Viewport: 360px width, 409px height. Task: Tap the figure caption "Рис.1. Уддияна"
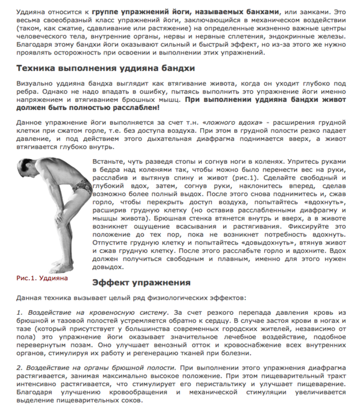tap(40, 277)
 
